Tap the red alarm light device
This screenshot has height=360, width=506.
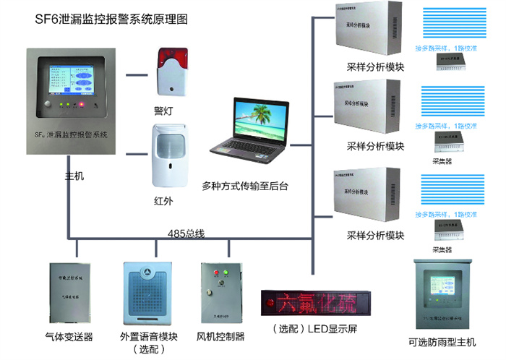pos(171,71)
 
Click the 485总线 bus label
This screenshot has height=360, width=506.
pos(187,233)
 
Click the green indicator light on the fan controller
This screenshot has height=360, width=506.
pos(225,273)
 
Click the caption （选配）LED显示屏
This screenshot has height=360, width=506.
pos(312,330)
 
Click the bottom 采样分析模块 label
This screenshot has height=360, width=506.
pos(375,236)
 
